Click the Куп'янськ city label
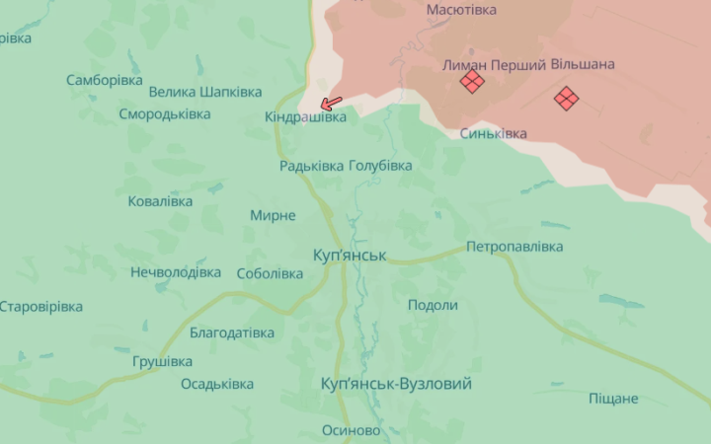coord(349,256)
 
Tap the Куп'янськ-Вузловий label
coord(396,384)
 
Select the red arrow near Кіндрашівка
coord(331,103)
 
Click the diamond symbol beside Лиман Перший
coord(472,82)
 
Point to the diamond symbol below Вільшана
coord(566,98)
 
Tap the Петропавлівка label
coord(514,246)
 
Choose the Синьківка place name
coord(493,133)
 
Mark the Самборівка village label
coord(105,80)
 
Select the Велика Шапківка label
coord(204,92)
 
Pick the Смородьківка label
coord(165,113)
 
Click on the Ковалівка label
coord(160,201)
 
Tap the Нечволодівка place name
coord(176,272)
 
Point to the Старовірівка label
coord(40,306)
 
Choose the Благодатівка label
coord(232,333)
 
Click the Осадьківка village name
coord(216,384)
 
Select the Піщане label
coord(613,399)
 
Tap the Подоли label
coord(433,305)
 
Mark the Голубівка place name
coord(380,166)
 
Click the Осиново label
coord(351,431)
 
